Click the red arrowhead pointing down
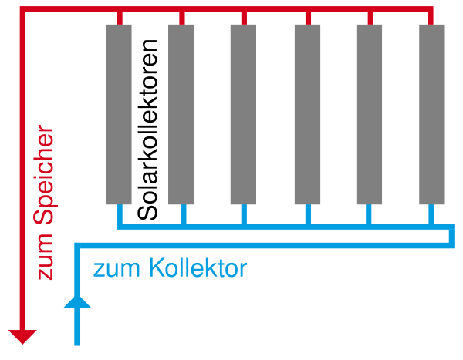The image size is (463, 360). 22,336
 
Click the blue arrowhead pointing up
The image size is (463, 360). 77,301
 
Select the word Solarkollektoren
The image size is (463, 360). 147,130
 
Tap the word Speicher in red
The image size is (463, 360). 44,175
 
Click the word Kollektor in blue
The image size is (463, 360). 198,268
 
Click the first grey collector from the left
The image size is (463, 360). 119,115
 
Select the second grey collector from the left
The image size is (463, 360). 181,115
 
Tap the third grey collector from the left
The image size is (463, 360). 243,115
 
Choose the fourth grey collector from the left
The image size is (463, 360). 307,115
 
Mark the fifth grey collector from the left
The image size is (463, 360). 369,115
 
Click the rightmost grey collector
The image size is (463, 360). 432,115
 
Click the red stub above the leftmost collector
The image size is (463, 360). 120,19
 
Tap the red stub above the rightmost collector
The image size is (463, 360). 431,19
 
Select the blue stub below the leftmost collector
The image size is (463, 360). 120,214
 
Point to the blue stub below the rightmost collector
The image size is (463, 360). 431,214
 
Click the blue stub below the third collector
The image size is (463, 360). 244,214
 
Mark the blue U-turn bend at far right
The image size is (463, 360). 451,236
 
